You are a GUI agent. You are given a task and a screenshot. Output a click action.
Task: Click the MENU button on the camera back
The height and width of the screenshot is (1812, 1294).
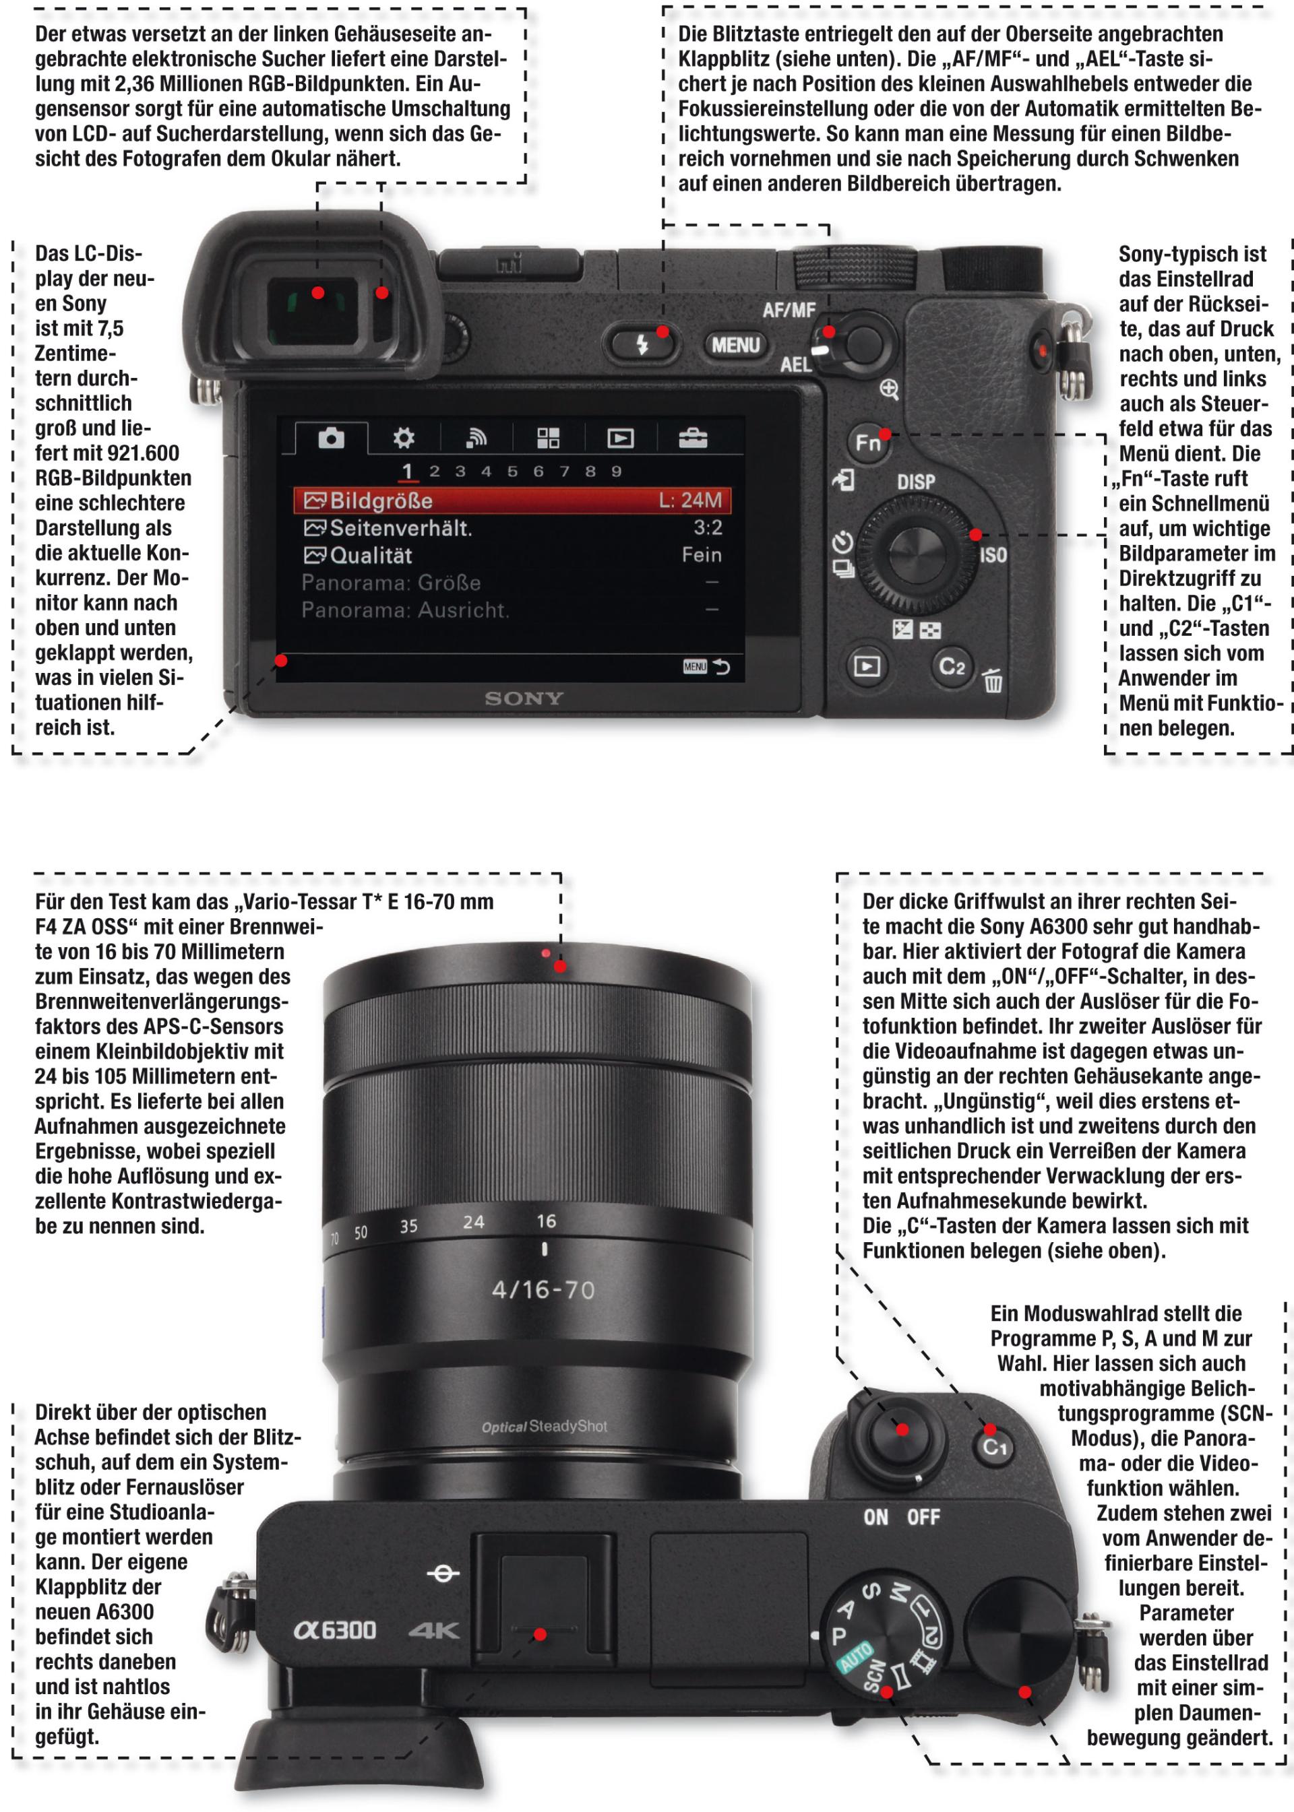[735, 345]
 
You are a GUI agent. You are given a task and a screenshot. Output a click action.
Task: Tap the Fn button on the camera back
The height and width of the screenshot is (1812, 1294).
[867, 441]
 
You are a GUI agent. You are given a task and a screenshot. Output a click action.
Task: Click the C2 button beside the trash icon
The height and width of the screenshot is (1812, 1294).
[952, 666]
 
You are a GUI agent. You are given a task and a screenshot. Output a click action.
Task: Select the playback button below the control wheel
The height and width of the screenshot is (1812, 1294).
[867, 665]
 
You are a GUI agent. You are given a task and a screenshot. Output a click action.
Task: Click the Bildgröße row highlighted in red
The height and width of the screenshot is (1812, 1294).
[512, 500]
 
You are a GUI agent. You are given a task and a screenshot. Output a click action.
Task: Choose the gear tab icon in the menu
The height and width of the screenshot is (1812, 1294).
[404, 437]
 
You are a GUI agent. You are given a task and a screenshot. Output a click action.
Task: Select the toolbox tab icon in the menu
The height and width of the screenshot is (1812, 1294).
[692, 437]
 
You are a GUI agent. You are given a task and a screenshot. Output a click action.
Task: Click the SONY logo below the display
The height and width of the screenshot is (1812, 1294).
[524, 699]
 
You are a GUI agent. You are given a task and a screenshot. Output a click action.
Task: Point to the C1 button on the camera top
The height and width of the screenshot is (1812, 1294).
[994, 1446]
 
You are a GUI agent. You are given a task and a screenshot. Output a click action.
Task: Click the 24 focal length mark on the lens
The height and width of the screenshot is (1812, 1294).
[473, 1222]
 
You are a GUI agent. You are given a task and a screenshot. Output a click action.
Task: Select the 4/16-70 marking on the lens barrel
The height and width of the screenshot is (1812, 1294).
[543, 1289]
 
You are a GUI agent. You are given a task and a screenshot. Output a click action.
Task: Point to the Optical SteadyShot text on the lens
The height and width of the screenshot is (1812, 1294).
[544, 1427]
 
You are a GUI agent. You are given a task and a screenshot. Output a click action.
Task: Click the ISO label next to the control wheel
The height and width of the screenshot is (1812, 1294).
[993, 555]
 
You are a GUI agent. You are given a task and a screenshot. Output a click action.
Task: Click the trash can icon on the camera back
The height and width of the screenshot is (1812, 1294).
[992, 681]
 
